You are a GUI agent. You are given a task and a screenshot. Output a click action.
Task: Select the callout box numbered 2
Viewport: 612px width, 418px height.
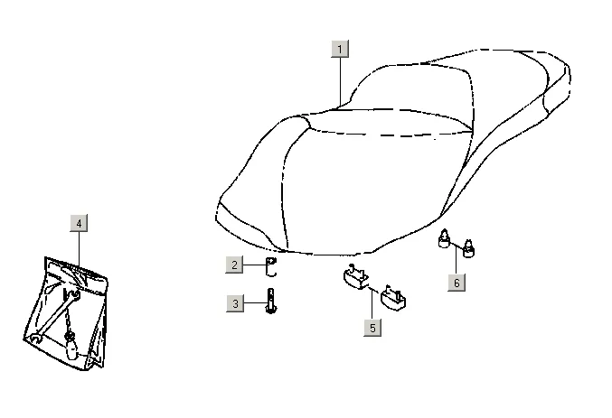pyautogui.click(x=235, y=265)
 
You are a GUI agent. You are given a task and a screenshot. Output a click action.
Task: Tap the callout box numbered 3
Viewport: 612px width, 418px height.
pyautogui.click(x=235, y=304)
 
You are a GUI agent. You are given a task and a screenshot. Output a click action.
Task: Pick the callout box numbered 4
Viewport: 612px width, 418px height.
pyautogui.click(x=79, y=223)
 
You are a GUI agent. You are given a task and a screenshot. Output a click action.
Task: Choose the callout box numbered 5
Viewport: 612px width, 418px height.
pyautogui.click(x=371, y=329)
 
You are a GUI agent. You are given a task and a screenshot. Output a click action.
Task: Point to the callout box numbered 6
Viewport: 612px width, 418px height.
pyautogui.click(x=457, y=283)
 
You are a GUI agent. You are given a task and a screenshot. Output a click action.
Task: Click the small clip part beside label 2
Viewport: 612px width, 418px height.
pyautogui.click(x=269, y=265)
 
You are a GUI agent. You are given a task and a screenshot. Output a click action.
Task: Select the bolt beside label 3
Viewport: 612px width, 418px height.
pyautogui.click(x=270, y=302)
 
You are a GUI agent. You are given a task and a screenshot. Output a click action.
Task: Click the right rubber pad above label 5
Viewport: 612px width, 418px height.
pyautogui.click(x=393, y=297)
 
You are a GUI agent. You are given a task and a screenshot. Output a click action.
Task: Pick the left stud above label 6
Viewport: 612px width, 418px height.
pyautogui.click(x=445, y=238)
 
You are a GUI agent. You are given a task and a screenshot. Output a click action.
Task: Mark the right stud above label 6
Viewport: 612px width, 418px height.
pyautogui.click(x=469, y=244)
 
